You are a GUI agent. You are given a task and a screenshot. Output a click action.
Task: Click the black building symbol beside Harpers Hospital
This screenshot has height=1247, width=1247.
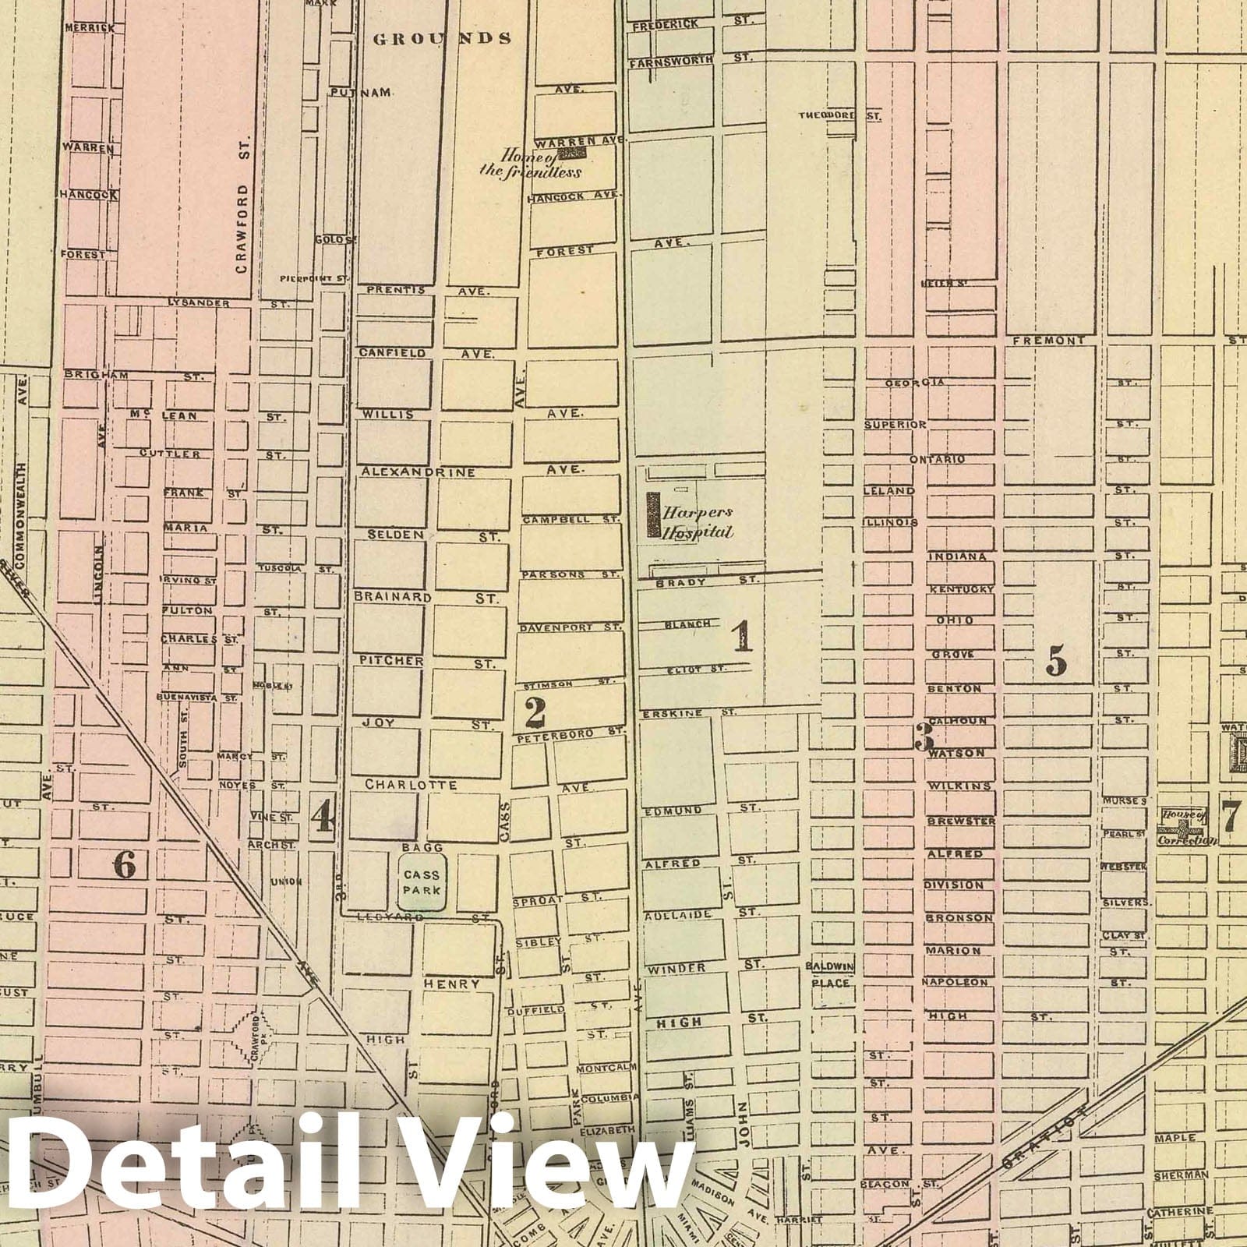pyautogui.click(x=652, y=515)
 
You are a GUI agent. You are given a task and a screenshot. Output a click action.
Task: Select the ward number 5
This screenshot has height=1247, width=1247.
pyautogui.click(x=1055, y=661)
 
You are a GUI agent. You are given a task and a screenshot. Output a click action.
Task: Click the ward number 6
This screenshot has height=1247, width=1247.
pyautogui.click(x=125, y=864)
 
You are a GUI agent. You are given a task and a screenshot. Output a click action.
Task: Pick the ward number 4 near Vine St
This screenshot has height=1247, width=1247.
pyautogui.click(x=323, y=817)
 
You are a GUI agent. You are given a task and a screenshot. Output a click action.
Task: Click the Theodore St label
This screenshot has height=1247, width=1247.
pyautogui.click(x=839, y=116)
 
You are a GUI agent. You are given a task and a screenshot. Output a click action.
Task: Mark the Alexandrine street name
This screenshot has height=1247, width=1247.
pyautogui.click(x=417, y=472)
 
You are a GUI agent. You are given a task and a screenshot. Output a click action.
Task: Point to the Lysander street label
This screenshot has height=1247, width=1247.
pyautogui.click(x=199, y=302)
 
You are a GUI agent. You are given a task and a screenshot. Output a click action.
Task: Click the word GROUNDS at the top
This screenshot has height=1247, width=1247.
pyautogui.click(x=442, y=38)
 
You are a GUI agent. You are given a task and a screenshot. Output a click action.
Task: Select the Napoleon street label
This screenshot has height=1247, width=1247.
pyautogui.click(x=957, y=983)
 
